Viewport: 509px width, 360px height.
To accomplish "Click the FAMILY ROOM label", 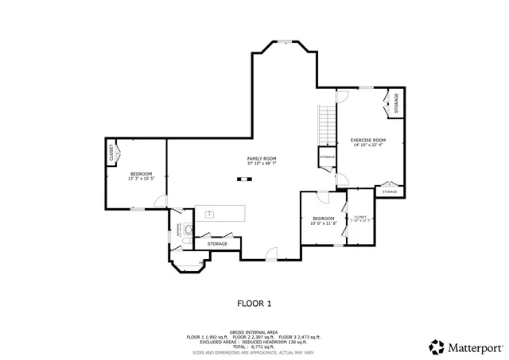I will tap(261, 158).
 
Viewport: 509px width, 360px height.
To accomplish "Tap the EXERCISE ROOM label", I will tap(367, 141).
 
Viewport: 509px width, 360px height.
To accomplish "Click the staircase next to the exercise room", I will tap(327, 126).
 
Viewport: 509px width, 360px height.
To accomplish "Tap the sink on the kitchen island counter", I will tap(210, 213).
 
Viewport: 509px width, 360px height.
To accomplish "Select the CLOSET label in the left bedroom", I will tap(111, 154).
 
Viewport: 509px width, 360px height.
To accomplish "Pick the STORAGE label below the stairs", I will tap(328, 157).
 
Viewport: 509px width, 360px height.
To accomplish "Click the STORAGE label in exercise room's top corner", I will tap(397, 103).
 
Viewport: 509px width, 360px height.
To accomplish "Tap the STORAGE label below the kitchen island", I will tap(217, 243).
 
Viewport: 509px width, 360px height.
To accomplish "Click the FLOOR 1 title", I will tap(254, 303).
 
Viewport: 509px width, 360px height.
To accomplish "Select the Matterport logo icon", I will tap(437, 346).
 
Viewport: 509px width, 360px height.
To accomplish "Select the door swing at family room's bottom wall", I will tap(271, 254).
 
